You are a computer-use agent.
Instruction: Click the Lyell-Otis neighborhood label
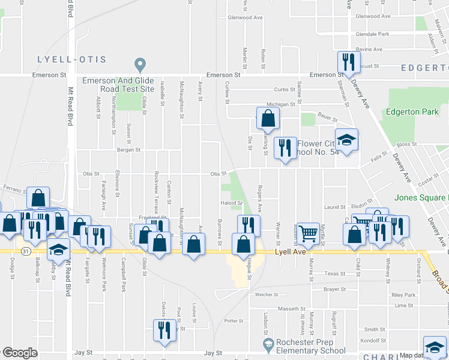pos(71,59)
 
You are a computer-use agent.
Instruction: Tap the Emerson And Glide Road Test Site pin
pos(140,64)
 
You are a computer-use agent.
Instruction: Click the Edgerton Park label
pos(412,112)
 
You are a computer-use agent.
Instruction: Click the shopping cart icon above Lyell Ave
pos(308,233)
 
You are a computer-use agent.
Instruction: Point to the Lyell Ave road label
pos(287,253)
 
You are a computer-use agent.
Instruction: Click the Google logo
pos(20,353)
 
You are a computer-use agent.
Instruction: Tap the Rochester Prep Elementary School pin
pos(269,344)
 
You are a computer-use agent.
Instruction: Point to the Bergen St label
pos(128,150)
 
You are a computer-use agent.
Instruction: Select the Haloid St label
pos(231,203)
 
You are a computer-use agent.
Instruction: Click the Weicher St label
pos(267,295)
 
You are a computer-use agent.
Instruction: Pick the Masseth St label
pos(292,309)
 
